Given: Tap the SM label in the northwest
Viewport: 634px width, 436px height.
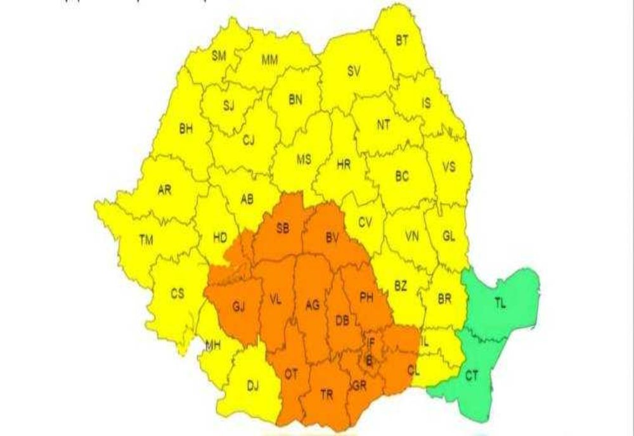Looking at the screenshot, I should click(219, 56).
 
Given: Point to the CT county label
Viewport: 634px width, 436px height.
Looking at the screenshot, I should click(472, 376).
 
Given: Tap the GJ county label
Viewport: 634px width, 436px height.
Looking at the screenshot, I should click(239, 308).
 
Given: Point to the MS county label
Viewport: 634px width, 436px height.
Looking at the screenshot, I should click(304, 160).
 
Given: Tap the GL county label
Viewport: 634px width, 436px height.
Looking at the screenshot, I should click(449, 236).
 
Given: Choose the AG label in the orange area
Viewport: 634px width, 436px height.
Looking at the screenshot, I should click(312, 305).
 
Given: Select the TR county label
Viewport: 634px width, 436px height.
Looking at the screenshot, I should click(327, 395).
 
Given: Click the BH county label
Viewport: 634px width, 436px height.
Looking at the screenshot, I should click(186, 129).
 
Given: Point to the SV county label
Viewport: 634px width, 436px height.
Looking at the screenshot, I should click(354, 72).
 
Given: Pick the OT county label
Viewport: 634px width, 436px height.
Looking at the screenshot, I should click(290, 374).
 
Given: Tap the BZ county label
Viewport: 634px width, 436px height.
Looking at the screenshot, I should click(400, 286).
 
